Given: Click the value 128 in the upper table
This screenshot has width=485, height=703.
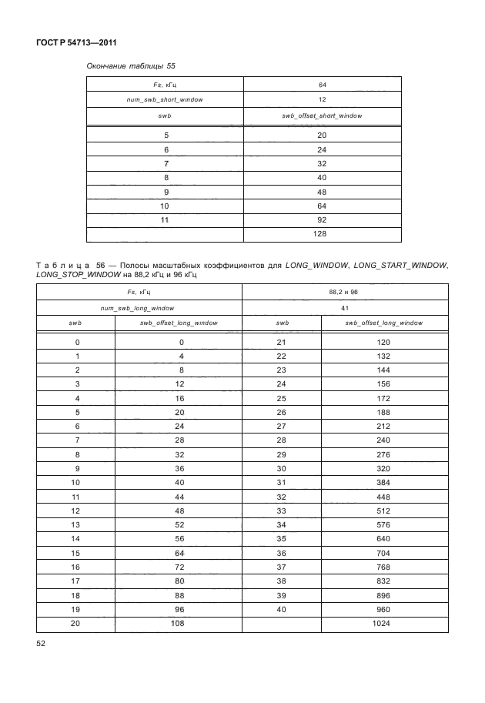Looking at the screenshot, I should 322,234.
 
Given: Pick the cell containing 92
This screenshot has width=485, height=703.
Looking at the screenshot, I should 322,220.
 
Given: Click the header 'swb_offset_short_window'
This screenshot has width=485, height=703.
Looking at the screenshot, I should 322,115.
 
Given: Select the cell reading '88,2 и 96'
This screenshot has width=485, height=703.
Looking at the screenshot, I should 344,292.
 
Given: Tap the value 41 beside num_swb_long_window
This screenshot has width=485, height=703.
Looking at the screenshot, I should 344,307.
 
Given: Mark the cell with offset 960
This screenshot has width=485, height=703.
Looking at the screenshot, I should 380,609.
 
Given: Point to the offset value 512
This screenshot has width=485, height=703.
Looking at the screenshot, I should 380,511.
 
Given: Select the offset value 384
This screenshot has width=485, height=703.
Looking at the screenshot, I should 380,482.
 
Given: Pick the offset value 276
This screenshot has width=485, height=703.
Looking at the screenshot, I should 380,454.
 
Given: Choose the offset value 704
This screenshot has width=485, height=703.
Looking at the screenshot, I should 380,553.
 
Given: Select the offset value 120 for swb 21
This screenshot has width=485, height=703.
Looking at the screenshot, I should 380,342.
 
